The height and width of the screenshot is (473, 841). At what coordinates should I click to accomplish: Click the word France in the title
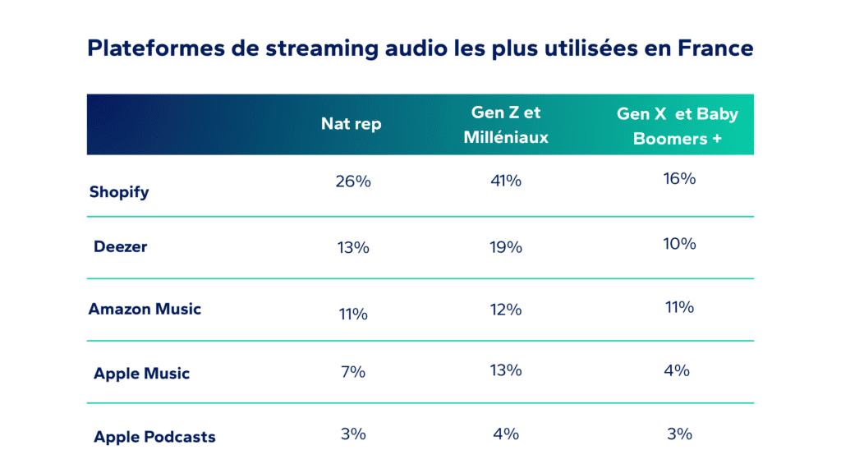715,48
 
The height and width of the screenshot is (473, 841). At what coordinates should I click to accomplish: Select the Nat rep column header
352,124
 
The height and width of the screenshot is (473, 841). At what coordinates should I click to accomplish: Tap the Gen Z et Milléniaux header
506,125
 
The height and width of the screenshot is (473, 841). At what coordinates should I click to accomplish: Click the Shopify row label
119,192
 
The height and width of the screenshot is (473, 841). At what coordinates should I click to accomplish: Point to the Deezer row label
120,246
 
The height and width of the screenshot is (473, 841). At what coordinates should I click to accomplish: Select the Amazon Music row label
145,310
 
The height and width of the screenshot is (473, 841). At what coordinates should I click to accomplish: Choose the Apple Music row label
141,374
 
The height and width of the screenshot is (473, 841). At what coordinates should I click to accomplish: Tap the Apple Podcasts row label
154,437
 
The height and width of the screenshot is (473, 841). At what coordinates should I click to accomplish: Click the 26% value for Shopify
353,181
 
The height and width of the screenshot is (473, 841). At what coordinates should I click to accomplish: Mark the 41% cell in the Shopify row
505,181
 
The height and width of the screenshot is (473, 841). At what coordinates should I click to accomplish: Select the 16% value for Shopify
679,178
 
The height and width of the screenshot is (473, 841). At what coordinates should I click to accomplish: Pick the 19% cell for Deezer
505,246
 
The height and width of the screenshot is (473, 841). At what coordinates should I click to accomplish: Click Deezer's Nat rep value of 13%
352,246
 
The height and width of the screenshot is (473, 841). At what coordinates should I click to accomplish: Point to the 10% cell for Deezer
679,244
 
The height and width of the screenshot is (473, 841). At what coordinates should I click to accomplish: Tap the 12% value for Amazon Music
505,310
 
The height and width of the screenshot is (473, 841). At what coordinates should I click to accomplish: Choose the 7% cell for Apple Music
352,372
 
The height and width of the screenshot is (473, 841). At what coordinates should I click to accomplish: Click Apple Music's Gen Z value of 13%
505,370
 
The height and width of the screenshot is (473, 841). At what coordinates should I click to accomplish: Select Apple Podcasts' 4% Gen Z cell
505,434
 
